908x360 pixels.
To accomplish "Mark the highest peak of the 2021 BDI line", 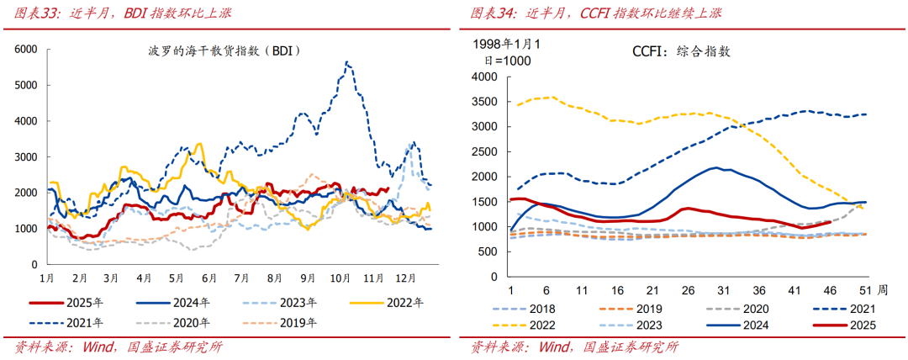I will (346, 61).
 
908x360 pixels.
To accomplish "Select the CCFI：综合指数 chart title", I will (681, 51).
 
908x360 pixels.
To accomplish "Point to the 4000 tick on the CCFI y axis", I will (486, 77).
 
